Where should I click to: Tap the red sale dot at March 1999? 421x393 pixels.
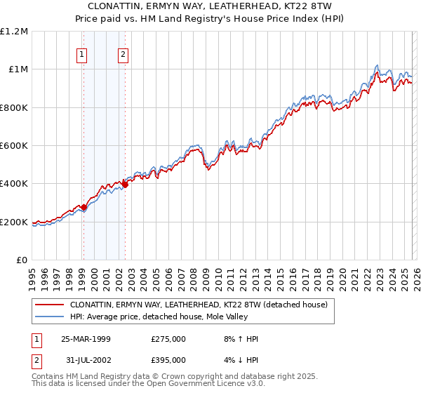[x=83, y=207]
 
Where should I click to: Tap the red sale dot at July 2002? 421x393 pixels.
[x=125, y=185]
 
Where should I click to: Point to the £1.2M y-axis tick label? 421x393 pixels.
[x=14, y=32]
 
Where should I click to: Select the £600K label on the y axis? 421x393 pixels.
[x=14, y=146]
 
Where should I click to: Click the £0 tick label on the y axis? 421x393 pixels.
[x=22, y=260]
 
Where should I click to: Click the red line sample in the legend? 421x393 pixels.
[x=50, y=305]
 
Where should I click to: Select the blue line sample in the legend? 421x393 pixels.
[x=50, y=317]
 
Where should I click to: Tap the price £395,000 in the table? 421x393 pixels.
[x=168, y=360]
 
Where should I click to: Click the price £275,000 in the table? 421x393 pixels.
[x=168, y=339]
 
